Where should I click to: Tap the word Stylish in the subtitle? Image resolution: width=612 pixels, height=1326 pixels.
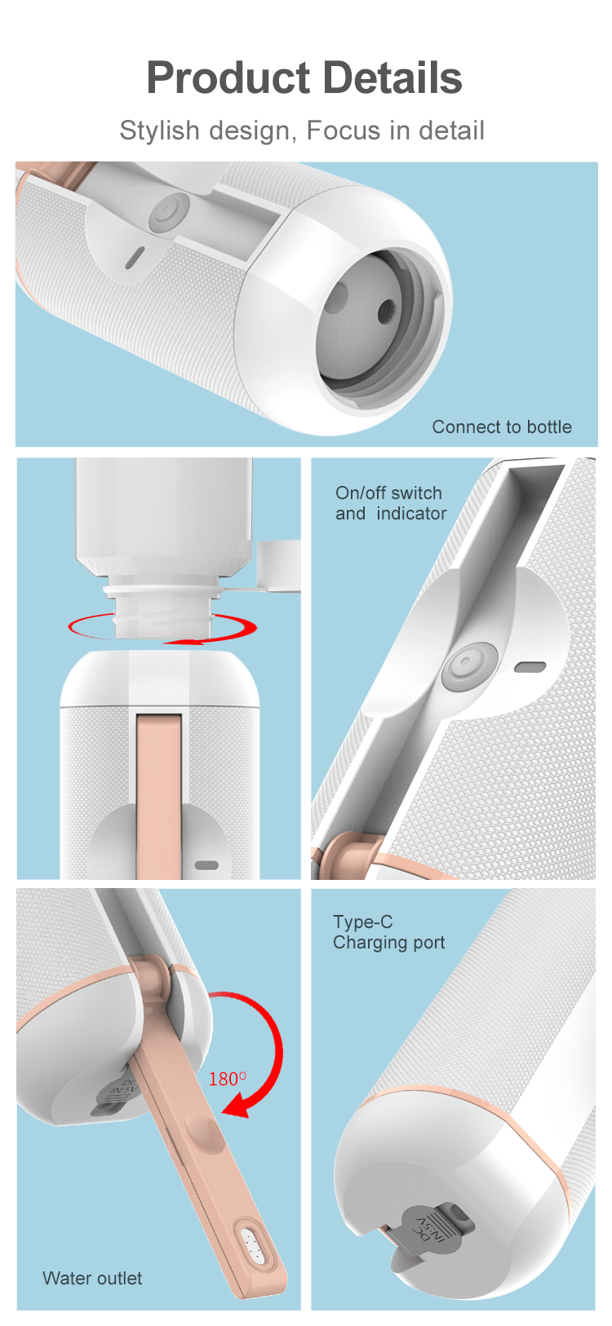(x=159, y=130)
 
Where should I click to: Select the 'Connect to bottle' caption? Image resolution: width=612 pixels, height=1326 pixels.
(x=502, y=427)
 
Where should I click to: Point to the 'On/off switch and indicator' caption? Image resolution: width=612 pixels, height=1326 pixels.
(x=391, y=503)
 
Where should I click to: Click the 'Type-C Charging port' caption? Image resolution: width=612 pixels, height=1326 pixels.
(x=388, y=932)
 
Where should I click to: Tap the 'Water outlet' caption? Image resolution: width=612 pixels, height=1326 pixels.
(x=92, y=1278)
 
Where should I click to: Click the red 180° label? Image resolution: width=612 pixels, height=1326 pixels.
(x=228, y=1079)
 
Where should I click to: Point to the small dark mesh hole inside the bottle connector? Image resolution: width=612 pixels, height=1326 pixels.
(x=387, y=308)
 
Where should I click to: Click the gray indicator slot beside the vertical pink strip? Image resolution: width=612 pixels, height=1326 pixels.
(x=206, y=865)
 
